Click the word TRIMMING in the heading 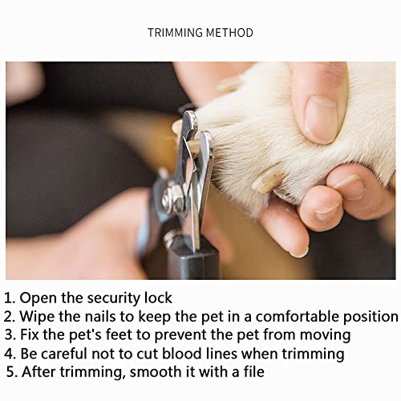click(x=176, y=33)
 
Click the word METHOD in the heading click(x=229, y=33)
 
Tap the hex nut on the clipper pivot click(x=173, y=198)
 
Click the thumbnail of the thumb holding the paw click(x=321, y=119)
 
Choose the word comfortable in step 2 click(x=298, y=316)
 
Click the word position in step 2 click(x=371, y=317)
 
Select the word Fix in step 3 click(x=30, y=334)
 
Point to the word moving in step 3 click(x=326, y=335)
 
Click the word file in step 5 click(x=254, y=371)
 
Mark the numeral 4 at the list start click(x=9, y=354)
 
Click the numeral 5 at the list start click(x=11, y=372)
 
